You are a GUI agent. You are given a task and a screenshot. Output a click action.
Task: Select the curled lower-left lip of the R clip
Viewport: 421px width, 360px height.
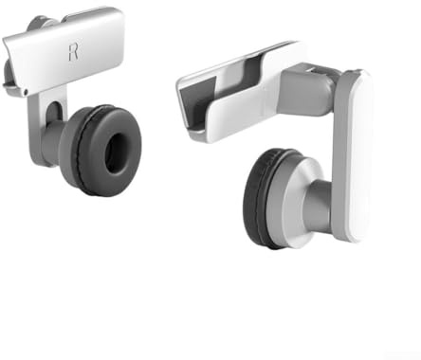click(x=12, y=90)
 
